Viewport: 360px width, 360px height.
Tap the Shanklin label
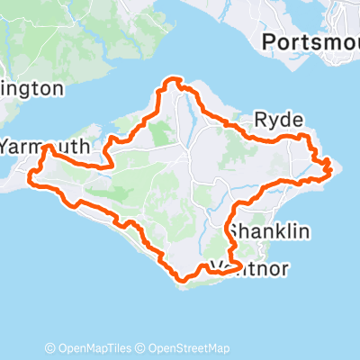pyautogui.click(x=269, y=232)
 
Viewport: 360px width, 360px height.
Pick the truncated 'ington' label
pyautogui.click(x=31, y=88)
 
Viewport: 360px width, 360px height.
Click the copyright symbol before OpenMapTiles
pyautogui.click(x=50, y=348)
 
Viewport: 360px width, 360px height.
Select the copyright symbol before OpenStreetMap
pyautogui.click(x=140, y=348)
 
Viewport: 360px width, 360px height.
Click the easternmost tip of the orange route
pyautogui.click(x=331, y=166)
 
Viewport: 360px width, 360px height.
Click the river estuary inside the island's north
pyautogui.click(x=191, y=112)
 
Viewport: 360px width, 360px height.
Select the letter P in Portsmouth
pyautogui.click(x=268, y=41)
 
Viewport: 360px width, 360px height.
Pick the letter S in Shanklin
pyautogui.click(x=234, y=232)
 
